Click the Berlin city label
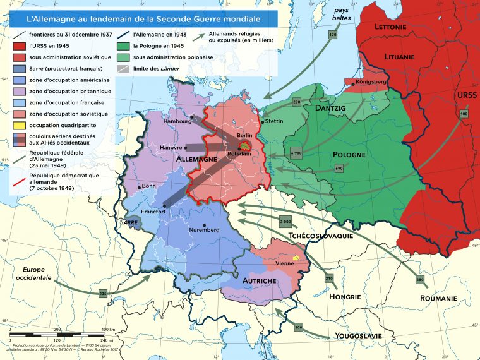pyautogui.click(x=244, y=136)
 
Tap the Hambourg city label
pyautogui.click(x=177, y=121)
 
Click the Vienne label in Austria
pyautogui.click(x=285, y=263)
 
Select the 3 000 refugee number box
pyautogui.click(x=285, y=223)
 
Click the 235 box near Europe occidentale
pyautogui.click(x=104, y=294)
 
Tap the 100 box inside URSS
pyautogui.click(x=464, y=114)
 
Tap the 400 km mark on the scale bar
pyautogui.click(x=105, y=330)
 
